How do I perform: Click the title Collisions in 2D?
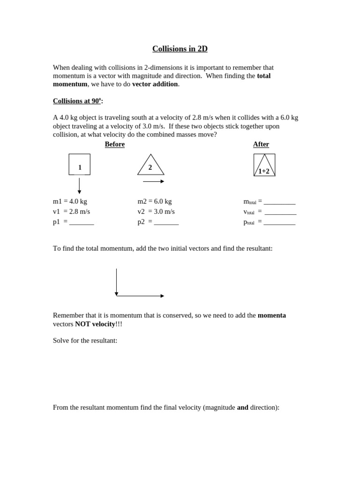click(180, 49)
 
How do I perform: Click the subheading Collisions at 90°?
click(78, 101)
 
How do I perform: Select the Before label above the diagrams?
click(115, 144)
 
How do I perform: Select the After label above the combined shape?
click(261, 144)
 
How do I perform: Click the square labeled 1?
click(80, 165)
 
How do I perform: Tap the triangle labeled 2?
click(150, 166)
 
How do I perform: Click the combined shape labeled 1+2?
click(264, 165)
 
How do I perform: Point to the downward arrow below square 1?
click(79, 186)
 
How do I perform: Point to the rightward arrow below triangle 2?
click(153, 181)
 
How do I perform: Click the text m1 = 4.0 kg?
click(70, 202)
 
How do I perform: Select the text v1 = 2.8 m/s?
click(71, 212)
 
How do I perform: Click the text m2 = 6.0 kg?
click(155, 202)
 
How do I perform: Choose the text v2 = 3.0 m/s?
click(156, 212)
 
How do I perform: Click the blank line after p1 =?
click(82, 224)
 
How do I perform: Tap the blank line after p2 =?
click(166, 224)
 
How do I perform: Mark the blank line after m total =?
click(279, 203)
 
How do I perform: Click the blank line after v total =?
click(280, 213)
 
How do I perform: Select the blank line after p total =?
click(279, 224)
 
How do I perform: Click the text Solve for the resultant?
click(85, 340)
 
